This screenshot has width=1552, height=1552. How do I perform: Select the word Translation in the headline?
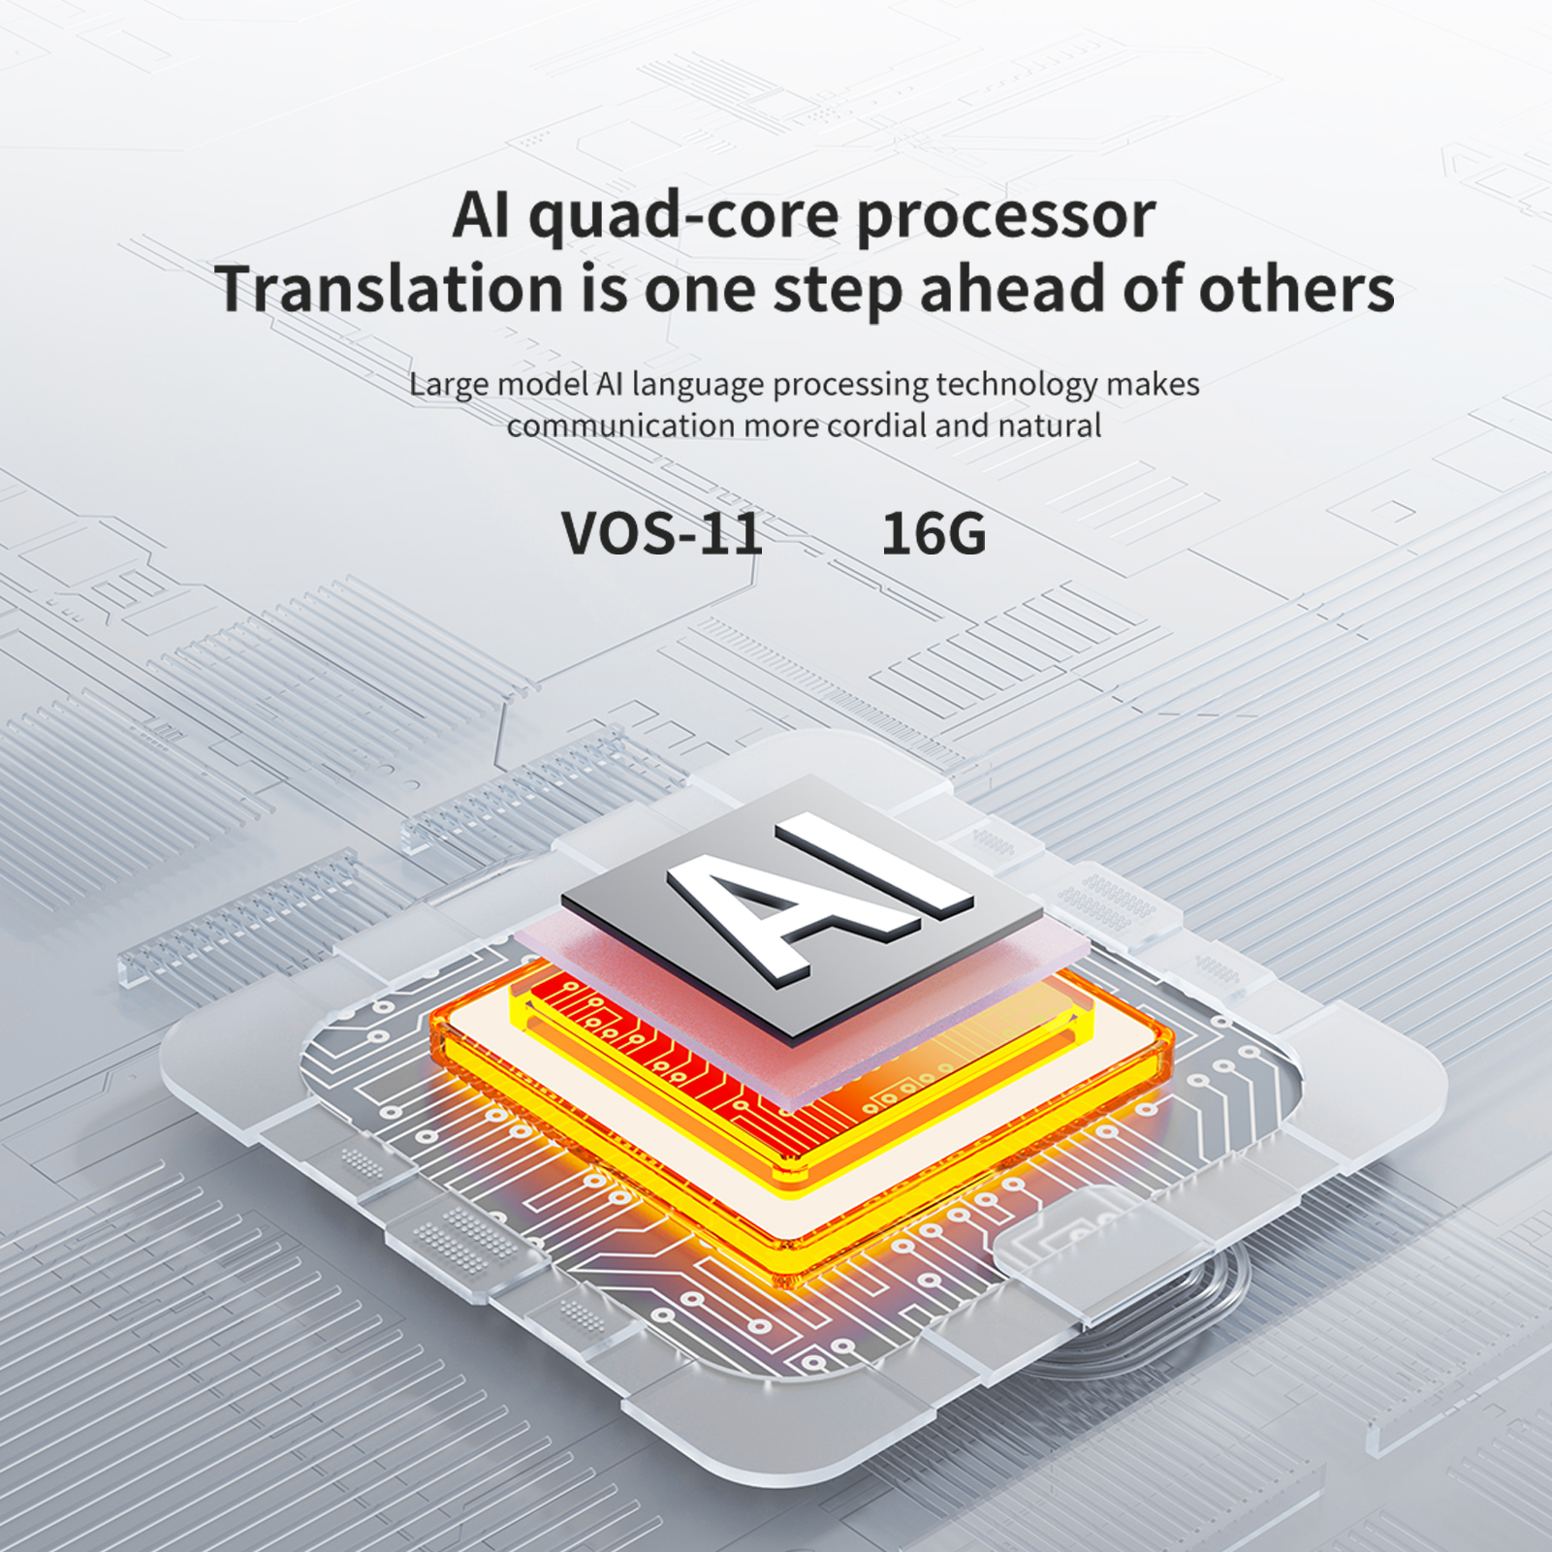(x=389, y=289)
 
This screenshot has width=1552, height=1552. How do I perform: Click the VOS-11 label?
(x=662, y=533)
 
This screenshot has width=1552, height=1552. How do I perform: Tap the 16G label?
(x=934, y=533)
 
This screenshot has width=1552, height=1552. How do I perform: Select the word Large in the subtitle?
(x=448, y=386)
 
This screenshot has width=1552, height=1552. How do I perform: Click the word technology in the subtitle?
(x=1015, y=386)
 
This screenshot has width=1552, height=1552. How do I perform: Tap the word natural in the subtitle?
(x=1049, y=426)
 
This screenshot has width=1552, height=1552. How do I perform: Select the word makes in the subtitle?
(x=1153, y=385)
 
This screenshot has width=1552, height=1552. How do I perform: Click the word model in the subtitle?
(x=542, y=385)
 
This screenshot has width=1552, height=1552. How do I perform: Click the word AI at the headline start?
(x=481, y=215)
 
